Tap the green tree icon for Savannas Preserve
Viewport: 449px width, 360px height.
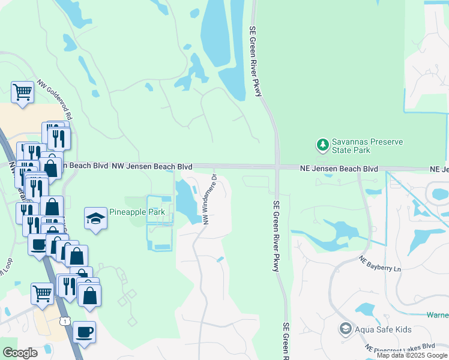[x=323, y=145]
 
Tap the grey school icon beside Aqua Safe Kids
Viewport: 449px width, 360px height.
[x=346, y=328]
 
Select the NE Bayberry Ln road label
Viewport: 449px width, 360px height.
[x=379, y=264]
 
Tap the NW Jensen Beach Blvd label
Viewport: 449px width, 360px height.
[x=152, y=166]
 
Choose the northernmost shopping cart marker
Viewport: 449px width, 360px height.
[x=22, y=92]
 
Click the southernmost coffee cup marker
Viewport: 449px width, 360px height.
[x=84, y=331]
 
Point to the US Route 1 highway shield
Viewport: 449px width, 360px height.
[x=64, y=322]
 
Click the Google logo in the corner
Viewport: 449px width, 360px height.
[x=20, y=352]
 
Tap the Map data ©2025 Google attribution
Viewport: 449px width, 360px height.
[x=412, y=355]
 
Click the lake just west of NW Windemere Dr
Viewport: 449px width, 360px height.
[x=186, y=201]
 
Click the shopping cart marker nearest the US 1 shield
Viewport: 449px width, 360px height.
[x=41, y=294]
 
